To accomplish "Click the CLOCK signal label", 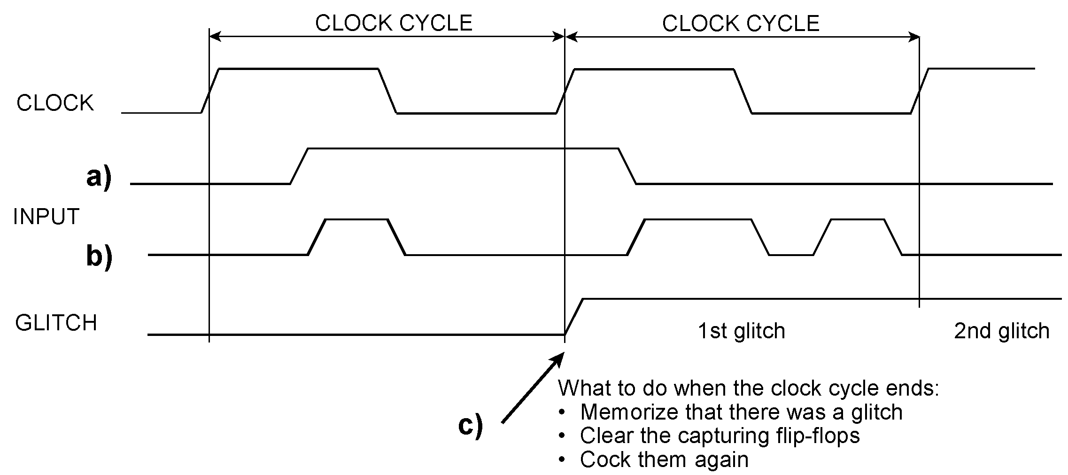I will [55, 103].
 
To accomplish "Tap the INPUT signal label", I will [46, 217].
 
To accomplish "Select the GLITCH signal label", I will [56, 323].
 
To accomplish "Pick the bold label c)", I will [470, 426].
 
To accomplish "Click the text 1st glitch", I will [741, 331].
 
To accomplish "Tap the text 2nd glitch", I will [1001, 331].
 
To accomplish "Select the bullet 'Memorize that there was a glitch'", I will [741, 412].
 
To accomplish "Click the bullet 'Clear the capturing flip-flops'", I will [720, 436].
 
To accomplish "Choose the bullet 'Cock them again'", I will [664, 459].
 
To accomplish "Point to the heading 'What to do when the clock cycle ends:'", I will [748, 388].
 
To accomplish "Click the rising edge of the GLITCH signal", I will [573, 317].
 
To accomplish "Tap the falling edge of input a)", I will [627, 166].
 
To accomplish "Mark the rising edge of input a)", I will [299, 166].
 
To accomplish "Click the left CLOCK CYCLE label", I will [394, 23].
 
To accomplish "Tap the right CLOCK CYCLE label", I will [741, 23].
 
